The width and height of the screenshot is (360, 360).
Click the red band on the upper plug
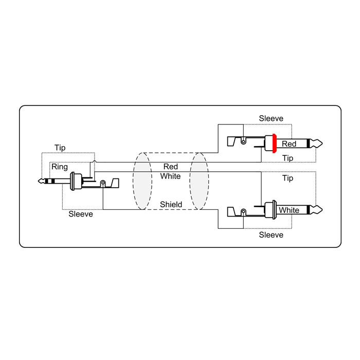pyautogui.click(x=274, y=143)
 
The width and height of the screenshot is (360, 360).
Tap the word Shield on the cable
pyautogui.click(x=171, y=204)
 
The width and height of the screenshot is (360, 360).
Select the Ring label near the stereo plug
pyautogui.click(x=60, y=167)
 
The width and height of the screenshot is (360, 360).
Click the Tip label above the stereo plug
pyautogui.click(x=60, y=148)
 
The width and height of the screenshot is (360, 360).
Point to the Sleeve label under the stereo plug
pyautogui.click(x=81, y=214)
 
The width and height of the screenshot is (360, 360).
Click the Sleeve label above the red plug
pyautogui.click(x=271, y=118)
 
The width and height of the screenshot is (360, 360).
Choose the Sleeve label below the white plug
pyautogui.click(x=271, y=235)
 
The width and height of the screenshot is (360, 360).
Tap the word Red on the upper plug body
pyautogui.click(x=289, y=144)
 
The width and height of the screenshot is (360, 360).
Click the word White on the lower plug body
pyautogui.click(x=289, y=210)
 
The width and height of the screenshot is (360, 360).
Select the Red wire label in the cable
pyautogui.click(x=171, y=167)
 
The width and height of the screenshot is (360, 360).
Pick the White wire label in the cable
pyautogui.click(x=170, y=176)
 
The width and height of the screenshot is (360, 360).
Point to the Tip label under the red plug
pyautogui.click(x=287, y=158)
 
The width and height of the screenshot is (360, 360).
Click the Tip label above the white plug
pyautogui.click(x=287, y=178)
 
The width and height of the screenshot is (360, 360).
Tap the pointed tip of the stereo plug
pyautogui.click(x=39, y=181)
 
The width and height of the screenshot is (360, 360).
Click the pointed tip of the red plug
pyautogui.click(x=322, y=143)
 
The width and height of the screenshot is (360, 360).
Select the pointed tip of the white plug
pyautogui.click(x=322, y=210)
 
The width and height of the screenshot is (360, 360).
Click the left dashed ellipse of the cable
pyautogui.click(x=133, y=181)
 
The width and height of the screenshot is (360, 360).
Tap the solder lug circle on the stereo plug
pyautogui.click(x=103, y=183)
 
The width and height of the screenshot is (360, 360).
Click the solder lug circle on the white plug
pyautogui.click(x=243, y=211)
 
